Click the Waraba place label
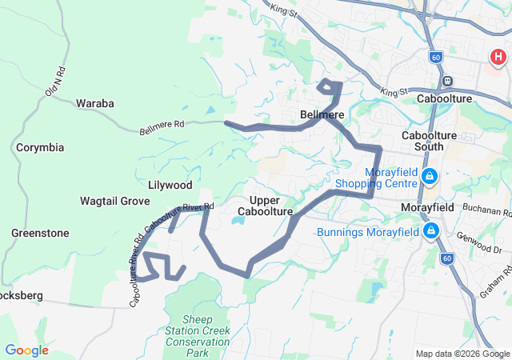(95, 103)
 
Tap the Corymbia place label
(40, 148)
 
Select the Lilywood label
(170, 185)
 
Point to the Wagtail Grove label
(115, 201)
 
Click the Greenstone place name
(40, 233)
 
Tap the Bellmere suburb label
(322, 115)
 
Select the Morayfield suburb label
(427, 207)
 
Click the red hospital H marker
(498, 57)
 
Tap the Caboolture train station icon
(447, 80)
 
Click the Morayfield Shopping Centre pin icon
(430, 176)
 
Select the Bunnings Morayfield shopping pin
(432, 232)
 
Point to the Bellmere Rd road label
(162, 126)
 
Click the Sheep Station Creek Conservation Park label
(197, 336)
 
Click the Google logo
(26, 350)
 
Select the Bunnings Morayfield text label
(368, 232)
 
